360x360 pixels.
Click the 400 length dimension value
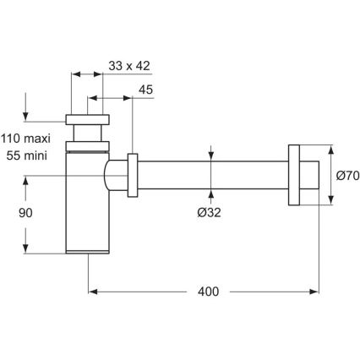(x=206, y=292)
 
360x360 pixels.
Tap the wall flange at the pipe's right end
(x=296, y=176)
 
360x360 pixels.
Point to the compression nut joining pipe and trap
(x=133, y=177)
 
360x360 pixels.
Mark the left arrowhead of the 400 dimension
(x=93, y=292)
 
